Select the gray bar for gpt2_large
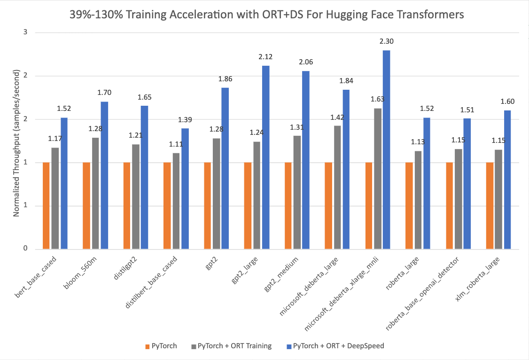257,195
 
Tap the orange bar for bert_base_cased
46,205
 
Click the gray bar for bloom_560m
95,193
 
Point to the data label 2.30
387,41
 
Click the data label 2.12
265,57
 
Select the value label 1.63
377,99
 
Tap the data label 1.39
185,120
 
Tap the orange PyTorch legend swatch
148,346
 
